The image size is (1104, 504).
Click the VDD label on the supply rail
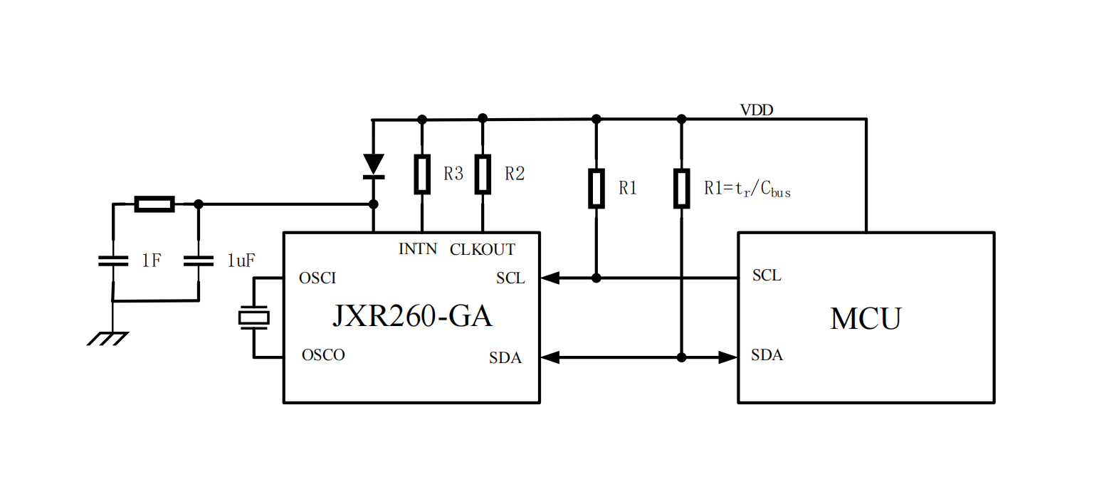coord(757,110)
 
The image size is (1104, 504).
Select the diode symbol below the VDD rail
coord(373,166)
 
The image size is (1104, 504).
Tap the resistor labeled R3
coord(422,174)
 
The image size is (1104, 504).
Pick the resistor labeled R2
coord(483,174)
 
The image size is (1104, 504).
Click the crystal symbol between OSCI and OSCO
coord(253,317)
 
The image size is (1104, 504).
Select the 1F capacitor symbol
coord(112,261)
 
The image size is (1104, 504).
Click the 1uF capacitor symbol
coord(199,261)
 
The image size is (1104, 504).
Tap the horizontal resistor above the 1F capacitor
coord(154,204)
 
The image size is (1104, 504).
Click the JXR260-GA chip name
coord(412,316)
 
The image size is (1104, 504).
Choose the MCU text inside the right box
coord(865,318)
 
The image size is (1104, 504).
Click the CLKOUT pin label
coord(483,249)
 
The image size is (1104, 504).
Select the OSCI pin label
coord(317,278)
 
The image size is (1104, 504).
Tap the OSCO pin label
coord(323,355)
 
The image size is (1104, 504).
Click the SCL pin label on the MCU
coord(767,276)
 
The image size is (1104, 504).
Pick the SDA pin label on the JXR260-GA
coord(505,358)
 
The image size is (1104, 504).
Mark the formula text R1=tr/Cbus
coord(747,189)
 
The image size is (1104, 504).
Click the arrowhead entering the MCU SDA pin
coord(728,357)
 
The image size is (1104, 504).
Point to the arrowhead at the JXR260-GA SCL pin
coord(550,278)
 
